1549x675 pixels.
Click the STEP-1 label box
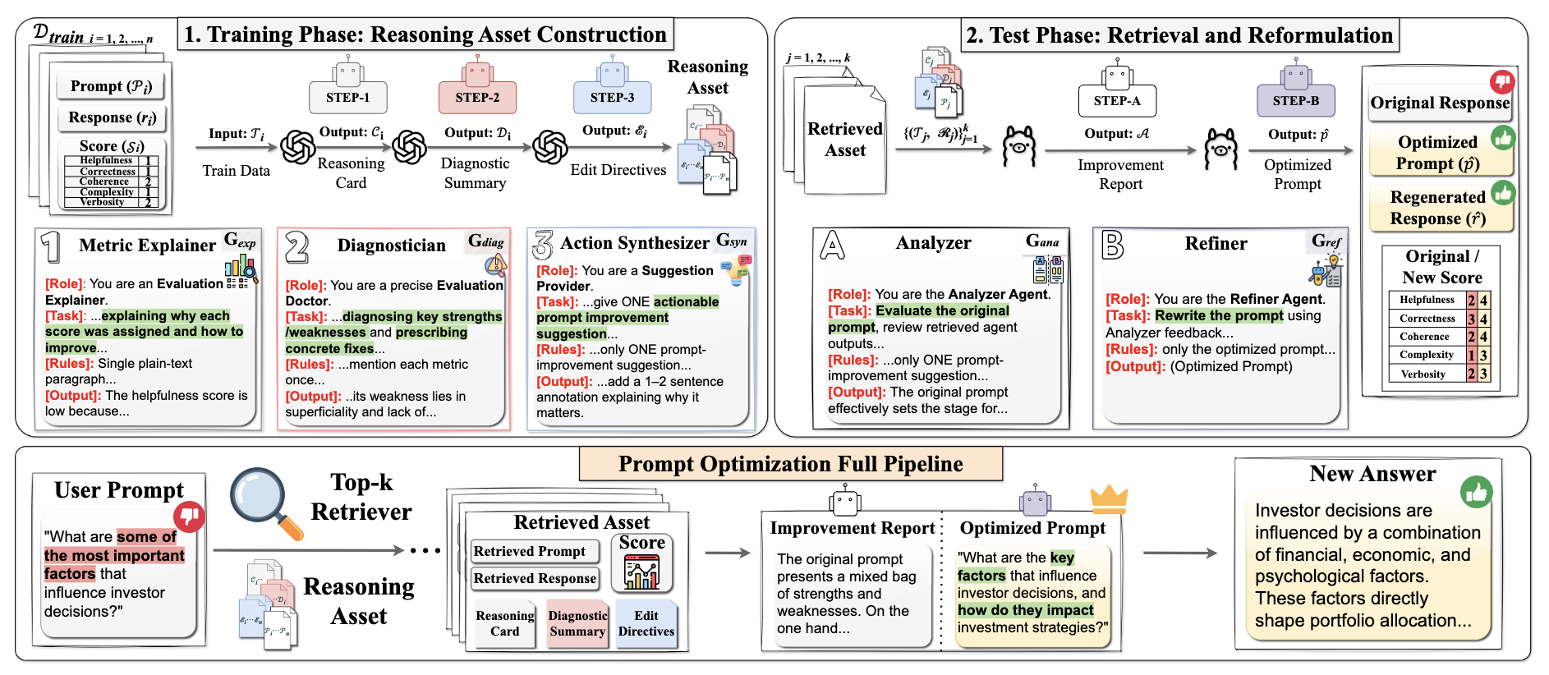pos(348,98)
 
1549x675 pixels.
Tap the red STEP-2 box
pos(477,98)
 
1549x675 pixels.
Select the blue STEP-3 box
pos(612,98)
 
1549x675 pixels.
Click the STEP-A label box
pos(1117,101)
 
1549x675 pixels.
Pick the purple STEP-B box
pos(1295,101)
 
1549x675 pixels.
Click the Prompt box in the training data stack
pos(111,86)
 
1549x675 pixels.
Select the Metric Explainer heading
pos(147,246)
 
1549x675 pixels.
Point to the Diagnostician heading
pos(391,246)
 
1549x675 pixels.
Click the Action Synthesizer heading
pos(635,243)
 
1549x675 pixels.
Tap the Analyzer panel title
pos(933,243)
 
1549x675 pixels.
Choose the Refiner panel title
pos(1216,244)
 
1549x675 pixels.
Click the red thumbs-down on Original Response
pos(1502,81)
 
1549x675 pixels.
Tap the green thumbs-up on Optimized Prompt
pos(1503,138)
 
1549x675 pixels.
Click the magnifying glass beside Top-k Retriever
pos(263,501)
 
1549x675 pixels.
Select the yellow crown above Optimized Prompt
pos(1109,496)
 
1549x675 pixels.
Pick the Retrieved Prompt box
pos(530,551)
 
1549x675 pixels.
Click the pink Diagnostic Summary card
pos(577,623)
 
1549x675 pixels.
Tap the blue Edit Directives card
pos(646,623)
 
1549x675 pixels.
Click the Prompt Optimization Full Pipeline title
pos(790,464)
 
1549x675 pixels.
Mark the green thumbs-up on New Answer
pos(1476,492)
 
